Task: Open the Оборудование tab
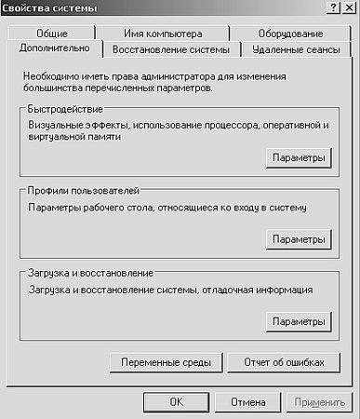278,33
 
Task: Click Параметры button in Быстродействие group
298,158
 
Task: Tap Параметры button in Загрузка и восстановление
298,321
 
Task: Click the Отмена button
248,402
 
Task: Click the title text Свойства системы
47,7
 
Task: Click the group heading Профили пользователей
83,189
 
